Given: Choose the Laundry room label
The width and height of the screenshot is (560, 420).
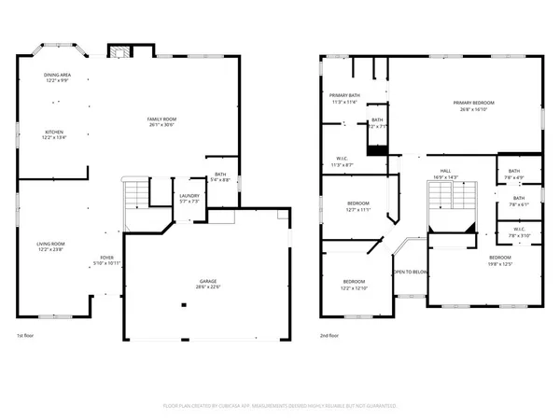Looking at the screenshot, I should click(x=189, y=198).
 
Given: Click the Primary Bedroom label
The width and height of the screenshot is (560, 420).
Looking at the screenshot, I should click(x=473, y=105).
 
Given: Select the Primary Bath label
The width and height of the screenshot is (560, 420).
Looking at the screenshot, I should click(x=343, y=98).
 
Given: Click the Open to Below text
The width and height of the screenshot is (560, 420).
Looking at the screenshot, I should click(x=410, y=273).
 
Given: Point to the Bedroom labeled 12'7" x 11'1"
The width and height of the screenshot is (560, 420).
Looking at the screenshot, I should click(x=359, y=206).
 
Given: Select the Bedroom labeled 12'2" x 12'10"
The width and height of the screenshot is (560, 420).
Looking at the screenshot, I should click(x=354, y=285).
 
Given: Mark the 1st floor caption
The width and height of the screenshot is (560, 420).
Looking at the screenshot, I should click(x=26, y=335).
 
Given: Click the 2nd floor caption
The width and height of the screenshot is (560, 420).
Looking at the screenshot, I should click(x=329, y=335).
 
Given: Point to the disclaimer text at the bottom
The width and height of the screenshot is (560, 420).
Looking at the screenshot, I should click(x=280, y=407).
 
